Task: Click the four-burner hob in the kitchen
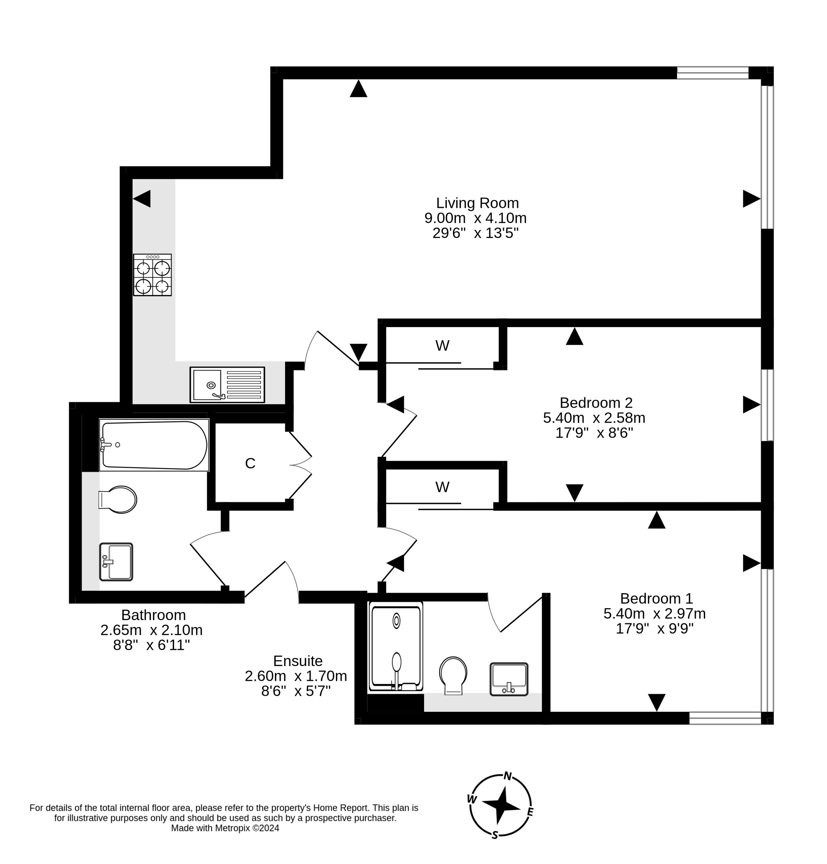[x=153, y=275]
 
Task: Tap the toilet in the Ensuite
[x=453, y=675]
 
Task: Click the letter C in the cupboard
[x=250, y=463]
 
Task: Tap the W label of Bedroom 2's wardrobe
[x=442, y=346]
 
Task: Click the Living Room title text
[x=477, y=203]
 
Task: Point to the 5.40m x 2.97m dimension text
[x=654, y=613]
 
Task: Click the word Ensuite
[x=298, y=661]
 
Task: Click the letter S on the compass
[x=495, y=835]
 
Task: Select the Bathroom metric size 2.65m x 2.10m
[x=151, y=630]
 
